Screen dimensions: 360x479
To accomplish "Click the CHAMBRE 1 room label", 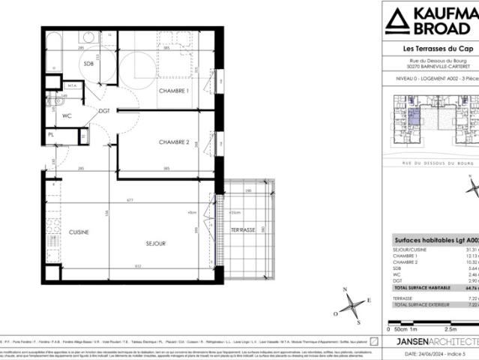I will [173, 91].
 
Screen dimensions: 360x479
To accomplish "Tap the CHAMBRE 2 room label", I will [173, 142].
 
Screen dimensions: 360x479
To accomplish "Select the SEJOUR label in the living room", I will [155, 243].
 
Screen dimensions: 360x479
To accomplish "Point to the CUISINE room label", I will [79, 232].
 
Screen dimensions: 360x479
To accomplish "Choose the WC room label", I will [66, 115].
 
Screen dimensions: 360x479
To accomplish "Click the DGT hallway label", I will [104, 111].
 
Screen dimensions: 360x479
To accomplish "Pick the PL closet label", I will [51, 135].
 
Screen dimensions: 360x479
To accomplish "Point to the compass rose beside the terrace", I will [352, 305].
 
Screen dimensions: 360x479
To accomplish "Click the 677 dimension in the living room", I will [129, 200].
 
